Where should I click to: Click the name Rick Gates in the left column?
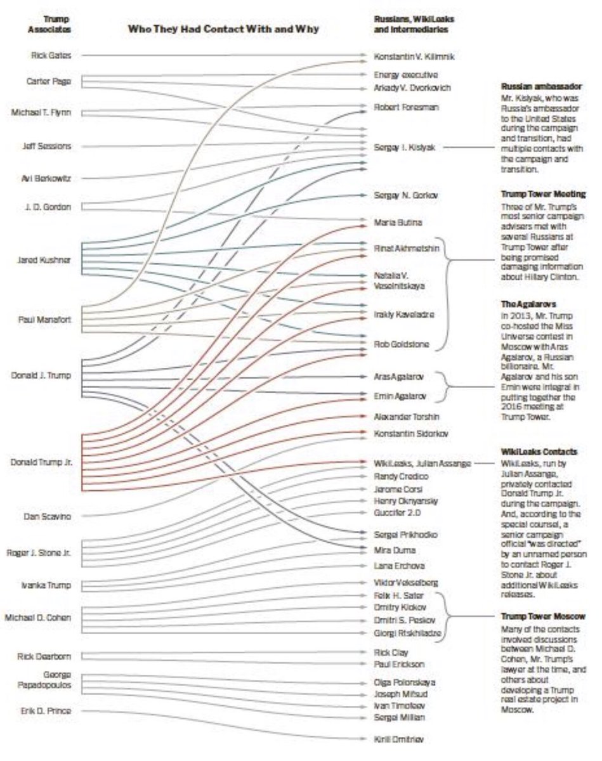tap(51, 56)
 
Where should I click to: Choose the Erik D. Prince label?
tap(46, 711)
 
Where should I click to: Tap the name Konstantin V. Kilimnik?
tap(414, 57)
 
